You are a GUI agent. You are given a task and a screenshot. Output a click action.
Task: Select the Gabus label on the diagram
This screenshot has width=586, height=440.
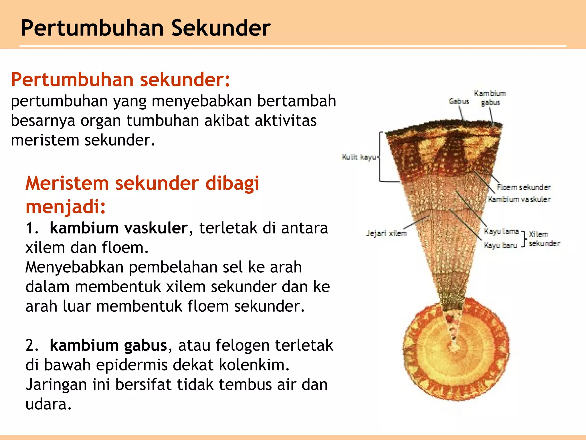pos(459,101)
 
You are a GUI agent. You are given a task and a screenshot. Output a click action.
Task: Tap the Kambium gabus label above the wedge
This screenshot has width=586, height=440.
pos(490,97)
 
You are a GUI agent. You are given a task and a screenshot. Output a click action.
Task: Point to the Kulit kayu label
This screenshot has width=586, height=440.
pos(359,157)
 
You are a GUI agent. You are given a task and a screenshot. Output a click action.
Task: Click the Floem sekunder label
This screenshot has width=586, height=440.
pos(523,187)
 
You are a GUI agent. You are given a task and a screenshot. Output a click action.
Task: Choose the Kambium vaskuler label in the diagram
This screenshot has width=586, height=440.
pos(519,199)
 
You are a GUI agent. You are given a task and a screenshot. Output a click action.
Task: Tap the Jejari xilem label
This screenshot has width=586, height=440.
pos(386,233)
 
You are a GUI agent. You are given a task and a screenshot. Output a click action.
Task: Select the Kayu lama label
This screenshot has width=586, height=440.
pos(501,231)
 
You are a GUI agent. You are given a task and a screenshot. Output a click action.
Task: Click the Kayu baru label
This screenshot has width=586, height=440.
pos(501,245)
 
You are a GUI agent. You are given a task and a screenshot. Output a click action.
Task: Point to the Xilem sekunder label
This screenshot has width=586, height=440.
pos(544,239)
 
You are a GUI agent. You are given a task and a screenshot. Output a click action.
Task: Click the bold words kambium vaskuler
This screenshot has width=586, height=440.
pos(118,228)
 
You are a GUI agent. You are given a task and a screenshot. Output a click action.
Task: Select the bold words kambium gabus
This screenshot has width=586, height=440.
pos(108,345)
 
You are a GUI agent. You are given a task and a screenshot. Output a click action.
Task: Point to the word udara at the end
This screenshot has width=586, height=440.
pos(48,404)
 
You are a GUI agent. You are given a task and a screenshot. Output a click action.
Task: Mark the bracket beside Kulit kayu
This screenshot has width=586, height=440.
pos(381,157)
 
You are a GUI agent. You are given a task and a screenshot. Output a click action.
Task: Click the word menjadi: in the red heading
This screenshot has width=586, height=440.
pos(66,206)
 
